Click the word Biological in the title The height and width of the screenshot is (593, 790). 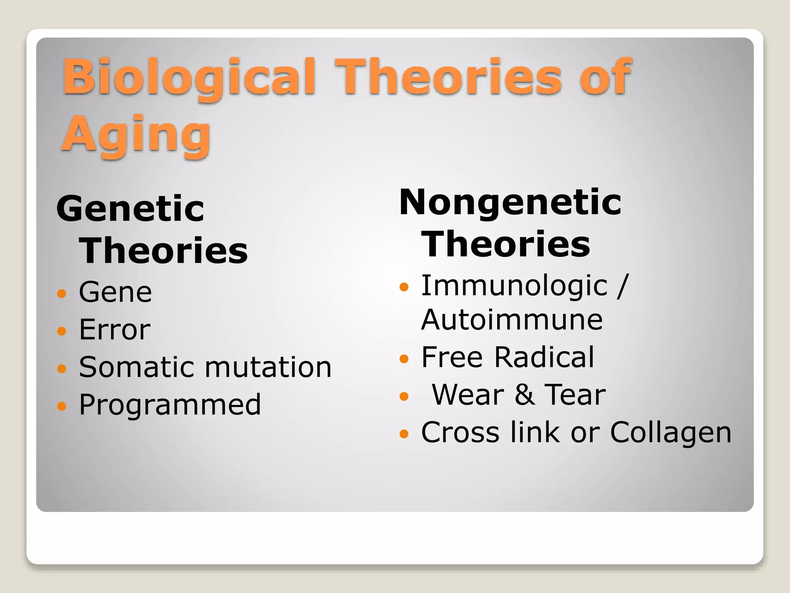pos(189,77)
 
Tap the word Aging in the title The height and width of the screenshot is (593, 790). pos(136,135)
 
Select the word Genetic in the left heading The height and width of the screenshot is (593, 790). pos(130,209)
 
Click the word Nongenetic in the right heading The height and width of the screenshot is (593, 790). pos(510,202)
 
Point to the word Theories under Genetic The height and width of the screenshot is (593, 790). pos(163,251)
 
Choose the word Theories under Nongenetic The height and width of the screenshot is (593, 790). pos(505,244)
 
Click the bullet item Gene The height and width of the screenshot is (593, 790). pos(115,292)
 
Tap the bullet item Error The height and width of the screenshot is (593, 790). pos(115,330)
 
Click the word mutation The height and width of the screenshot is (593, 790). pos(268,367)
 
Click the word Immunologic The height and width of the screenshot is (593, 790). pos(514,286)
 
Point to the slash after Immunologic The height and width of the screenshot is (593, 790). pos(622,286)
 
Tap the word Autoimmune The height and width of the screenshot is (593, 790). pos(511,320)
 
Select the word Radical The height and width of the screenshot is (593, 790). pos(544,357)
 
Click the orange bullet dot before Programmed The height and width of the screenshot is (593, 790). pos(62,406)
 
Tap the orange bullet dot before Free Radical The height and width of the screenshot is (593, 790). pos(404,359)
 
